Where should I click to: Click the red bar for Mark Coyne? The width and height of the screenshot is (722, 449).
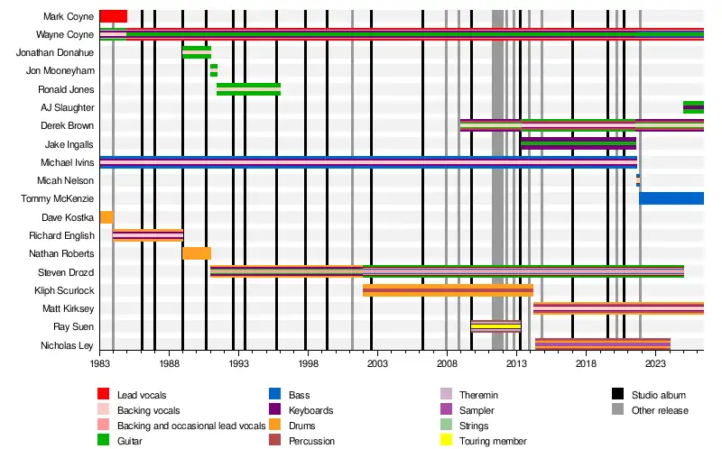[114, 16]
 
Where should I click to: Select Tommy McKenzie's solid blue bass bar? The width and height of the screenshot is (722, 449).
[671, 198]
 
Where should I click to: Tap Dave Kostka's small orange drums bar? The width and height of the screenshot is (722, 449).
[106, 217]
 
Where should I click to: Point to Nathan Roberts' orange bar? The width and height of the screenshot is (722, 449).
[197, 253]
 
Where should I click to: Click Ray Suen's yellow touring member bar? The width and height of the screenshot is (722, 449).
[495, 326]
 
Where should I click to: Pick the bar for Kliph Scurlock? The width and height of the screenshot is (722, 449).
[448, 290]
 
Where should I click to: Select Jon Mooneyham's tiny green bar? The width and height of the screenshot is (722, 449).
[214, 70]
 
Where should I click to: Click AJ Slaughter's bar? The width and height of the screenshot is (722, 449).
[693, 107]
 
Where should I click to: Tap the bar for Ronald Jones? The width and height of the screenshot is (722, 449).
[249, 89]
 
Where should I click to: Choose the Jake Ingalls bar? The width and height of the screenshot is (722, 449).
[579, 143]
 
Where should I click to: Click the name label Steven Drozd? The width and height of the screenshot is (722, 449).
[66, 272]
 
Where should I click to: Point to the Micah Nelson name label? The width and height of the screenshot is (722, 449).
[65, 180]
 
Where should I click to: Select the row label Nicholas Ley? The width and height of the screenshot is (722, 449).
[67, 345]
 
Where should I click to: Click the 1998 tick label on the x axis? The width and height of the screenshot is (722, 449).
[308, 364]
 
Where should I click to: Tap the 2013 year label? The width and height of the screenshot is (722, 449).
[516, 364]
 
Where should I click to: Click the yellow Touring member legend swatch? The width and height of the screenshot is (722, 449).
[446, 440]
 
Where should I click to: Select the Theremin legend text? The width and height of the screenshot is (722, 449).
[478, 395]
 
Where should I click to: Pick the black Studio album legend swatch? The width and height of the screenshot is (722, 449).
[618, 394]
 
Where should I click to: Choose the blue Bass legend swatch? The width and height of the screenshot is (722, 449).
[275, 394]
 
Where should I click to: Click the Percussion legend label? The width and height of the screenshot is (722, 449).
[311, 441]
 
